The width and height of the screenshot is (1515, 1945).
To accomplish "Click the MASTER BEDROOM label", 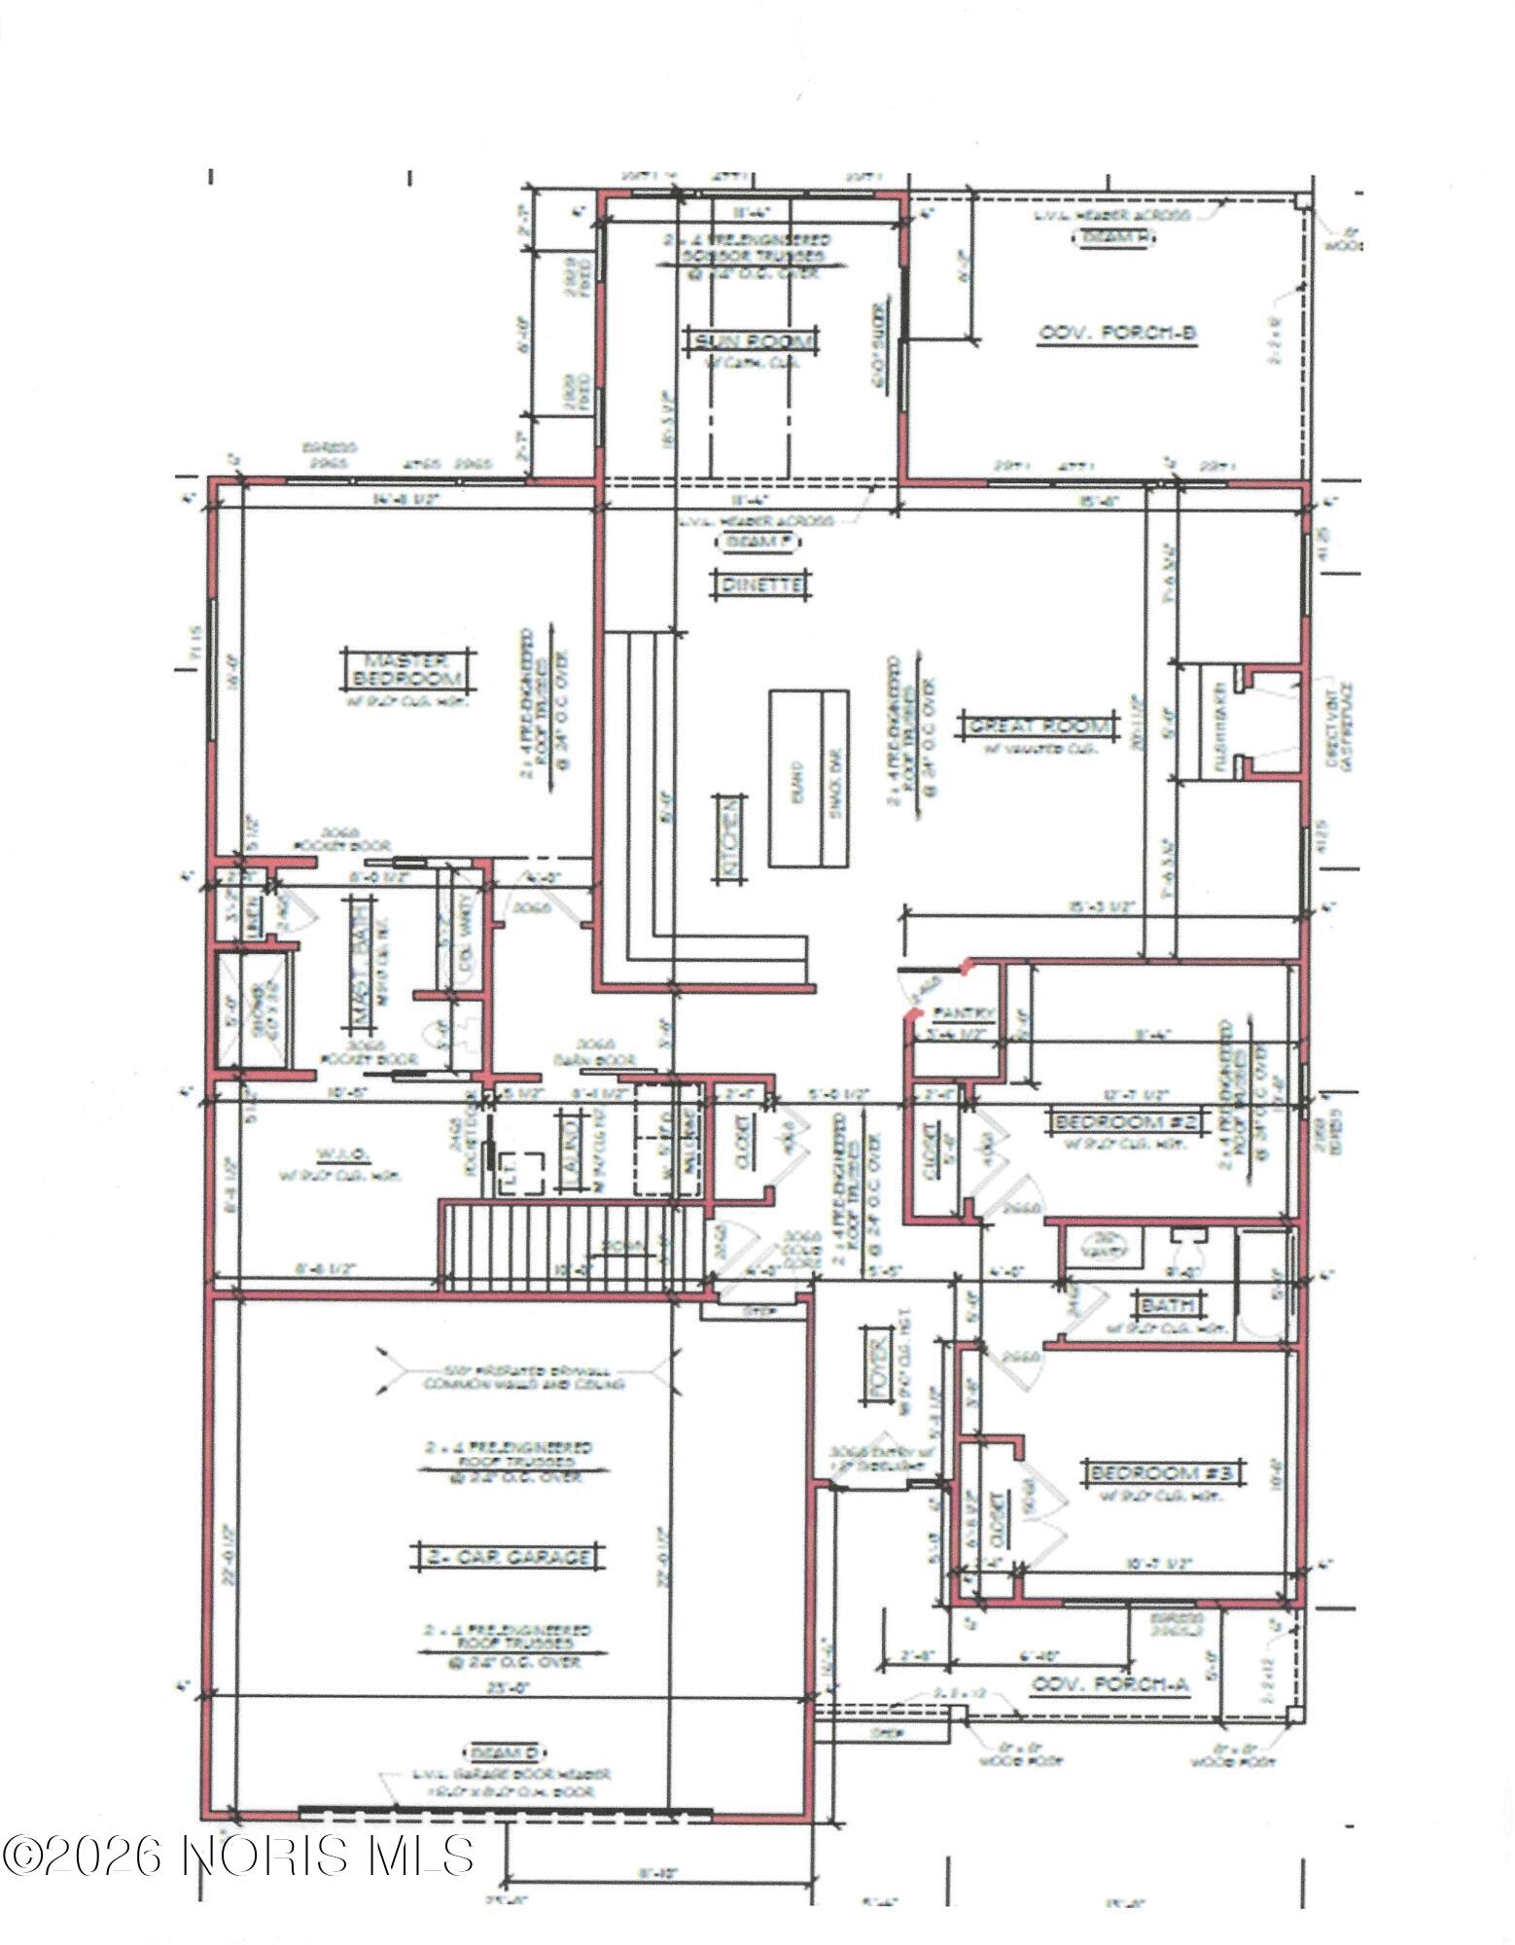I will [403, 667].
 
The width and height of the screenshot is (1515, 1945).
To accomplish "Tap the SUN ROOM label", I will [752, 340].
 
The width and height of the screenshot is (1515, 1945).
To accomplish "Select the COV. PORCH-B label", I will [1117, 334].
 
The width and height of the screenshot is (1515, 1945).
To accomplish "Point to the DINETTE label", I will [761, 584].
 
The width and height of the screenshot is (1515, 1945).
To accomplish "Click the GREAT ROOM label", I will [1038, 725].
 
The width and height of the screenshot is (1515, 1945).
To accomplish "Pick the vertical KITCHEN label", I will [729, 838].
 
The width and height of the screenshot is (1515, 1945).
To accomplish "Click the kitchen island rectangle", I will [809, 778].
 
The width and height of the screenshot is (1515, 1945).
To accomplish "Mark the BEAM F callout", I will [760, 541].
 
